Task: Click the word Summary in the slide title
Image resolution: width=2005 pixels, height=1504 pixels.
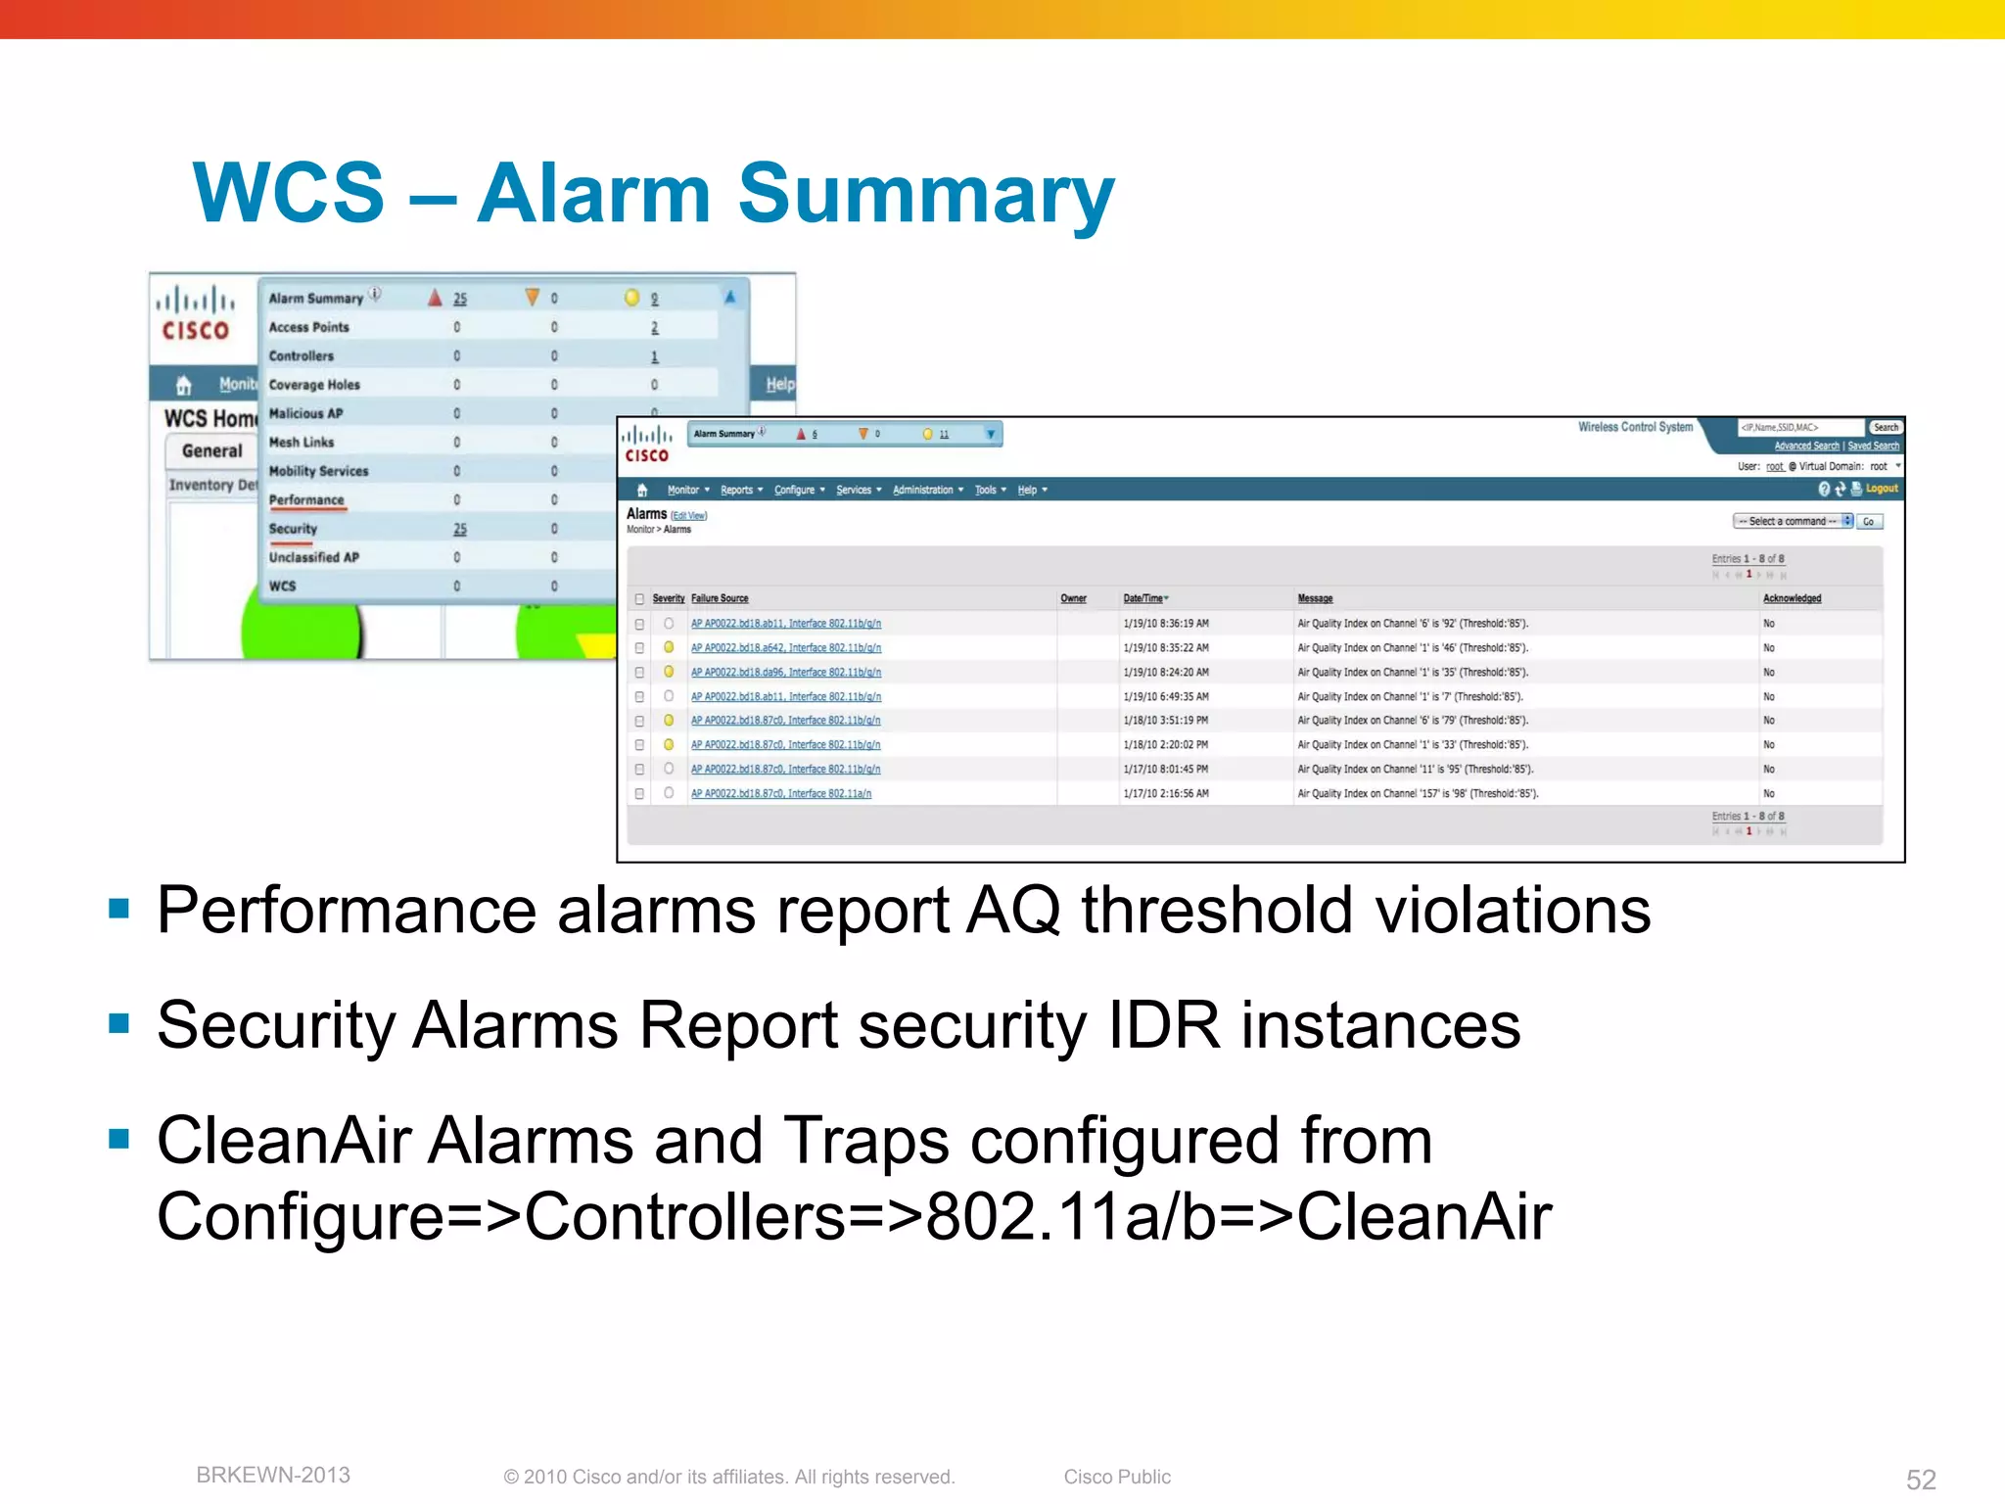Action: pyautogui.click(x=924, y=194)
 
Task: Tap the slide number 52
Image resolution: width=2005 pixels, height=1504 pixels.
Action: pyautogui.click(x=1921, y=1479)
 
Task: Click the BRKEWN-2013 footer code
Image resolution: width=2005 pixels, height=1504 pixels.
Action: pyautogui.click(x=273, y=1475)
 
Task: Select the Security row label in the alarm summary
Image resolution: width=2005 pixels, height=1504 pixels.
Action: pyautogui.click(x=293, y=529)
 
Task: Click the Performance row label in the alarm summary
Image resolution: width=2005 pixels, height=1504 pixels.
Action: pyautogui.click(x=306, y=500)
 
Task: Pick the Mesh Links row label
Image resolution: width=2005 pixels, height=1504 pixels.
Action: pyautogui.click(x=302, y=443)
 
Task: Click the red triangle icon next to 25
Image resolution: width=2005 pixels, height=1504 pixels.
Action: pyautogui.click(x=435, y=298)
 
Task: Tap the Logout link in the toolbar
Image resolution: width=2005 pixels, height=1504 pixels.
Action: pyautogui.click(x=1881, y=489)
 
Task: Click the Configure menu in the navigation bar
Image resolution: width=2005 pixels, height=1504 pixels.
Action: pyautogui.click(x=794, y=491)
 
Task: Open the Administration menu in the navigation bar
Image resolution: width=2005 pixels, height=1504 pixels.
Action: pyautogui.click(x=922, y=491)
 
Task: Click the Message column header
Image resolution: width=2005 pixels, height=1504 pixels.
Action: pyautogui.click(x=1315, y=598)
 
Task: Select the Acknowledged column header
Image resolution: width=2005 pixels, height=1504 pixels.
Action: pyautogui.click(x=1792, y=598)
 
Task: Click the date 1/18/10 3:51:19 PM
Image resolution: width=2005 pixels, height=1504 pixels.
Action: pyautogui.click(x=1165, y=721)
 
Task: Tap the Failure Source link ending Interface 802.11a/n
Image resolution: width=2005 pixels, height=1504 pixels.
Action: pyautogui.click(x=780, y=794)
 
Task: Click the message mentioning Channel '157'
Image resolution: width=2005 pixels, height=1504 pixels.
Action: pyautogui.click(x=1417, y=794)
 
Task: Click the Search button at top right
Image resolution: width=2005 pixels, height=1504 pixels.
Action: pyautogui.click(x=1886, y=428)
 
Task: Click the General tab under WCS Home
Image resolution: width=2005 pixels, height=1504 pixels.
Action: pyautogui.click(x=211, y=451)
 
